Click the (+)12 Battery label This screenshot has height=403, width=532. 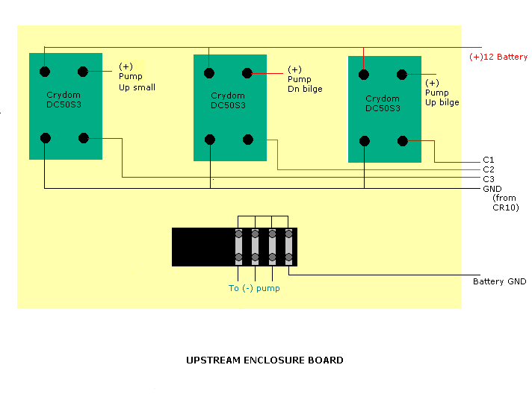(498, 57)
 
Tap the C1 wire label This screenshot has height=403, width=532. (489, 160)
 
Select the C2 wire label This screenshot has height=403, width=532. (489, 169)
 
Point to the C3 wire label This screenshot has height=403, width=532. (489, 179)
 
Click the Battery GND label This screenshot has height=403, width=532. (499, 281)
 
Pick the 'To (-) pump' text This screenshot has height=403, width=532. (254, 288)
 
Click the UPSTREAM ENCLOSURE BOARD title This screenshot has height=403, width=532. (265, 360)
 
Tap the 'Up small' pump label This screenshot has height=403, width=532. (137, 87)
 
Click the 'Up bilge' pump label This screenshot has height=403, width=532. (442, 102)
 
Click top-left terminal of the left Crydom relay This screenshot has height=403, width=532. (46, 72)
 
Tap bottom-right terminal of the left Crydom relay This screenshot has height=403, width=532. (84, 137)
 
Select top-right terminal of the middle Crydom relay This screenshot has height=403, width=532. (247, 73)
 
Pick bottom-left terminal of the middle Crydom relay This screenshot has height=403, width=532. (210, 139)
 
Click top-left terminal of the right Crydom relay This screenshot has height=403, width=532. (365, 74)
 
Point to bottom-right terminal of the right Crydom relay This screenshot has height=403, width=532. (403, 140)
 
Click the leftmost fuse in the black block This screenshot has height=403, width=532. (239, 246)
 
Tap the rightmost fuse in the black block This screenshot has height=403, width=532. (288, 246)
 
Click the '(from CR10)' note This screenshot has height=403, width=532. (505, 202)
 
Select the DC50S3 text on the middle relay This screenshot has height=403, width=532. (228, 105)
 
